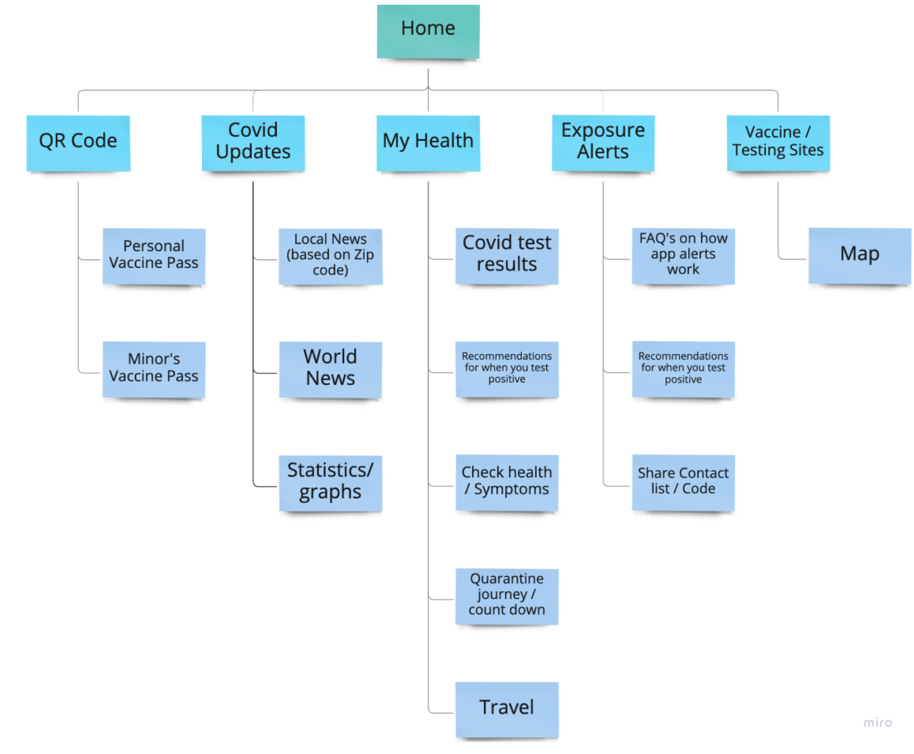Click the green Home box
tap(428, 31)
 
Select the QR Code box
tap(78, 143)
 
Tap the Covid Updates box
tap(253, 143)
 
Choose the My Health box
tap(428, 143)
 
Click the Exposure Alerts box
tap(603, 143)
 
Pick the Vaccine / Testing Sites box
tap(778, 143)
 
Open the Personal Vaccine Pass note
tap(154, 256)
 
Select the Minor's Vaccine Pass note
tap(154, 369)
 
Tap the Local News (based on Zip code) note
tap(330, 256)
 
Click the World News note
tap(330, 369)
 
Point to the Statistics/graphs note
tap(330, 483)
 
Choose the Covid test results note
tap(507, 256)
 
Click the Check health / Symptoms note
tap(507, 482)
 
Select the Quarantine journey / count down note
tap(507, 596)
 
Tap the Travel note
tap(507, 709)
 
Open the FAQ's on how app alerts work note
tap(683, 256)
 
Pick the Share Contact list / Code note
tap(683, 482)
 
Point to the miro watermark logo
tap(877, 722)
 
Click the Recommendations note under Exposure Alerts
tap(683, 369)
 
